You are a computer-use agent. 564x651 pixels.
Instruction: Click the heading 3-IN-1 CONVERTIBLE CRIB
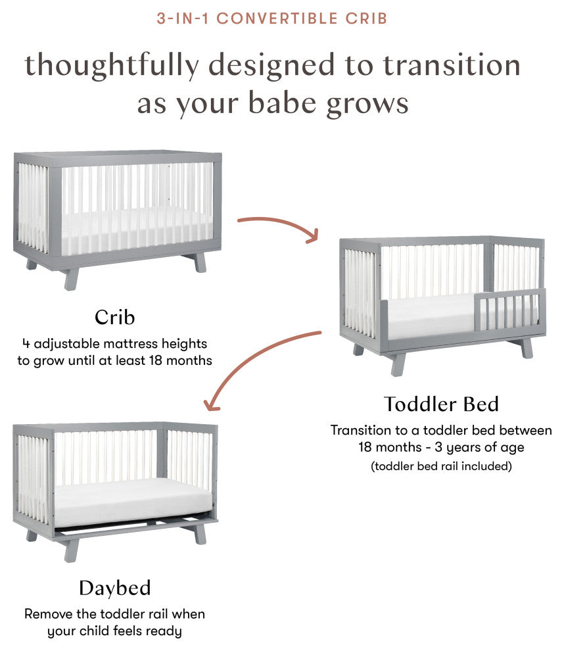[x=272, y=18]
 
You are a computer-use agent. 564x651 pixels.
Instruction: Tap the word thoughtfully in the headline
[x=112, y=66]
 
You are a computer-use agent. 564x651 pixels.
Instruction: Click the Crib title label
[x=114, y=318]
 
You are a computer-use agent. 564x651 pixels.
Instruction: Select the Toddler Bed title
[x=441, y=404]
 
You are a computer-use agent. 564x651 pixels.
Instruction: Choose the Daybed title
[x=115, y=589]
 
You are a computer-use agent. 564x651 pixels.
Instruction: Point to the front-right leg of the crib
[x=72, y=279]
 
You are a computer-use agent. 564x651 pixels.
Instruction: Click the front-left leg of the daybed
[x=71, y=551]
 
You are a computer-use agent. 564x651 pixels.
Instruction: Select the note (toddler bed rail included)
[x=441, y=466]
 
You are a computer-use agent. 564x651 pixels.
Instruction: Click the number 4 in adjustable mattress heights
[x=26, y=343]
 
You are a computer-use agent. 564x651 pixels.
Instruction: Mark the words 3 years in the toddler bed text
[x=458, y=447]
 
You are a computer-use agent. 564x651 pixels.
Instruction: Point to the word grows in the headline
[x=367, y=104]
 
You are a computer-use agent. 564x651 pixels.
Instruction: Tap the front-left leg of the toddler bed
[x=397, y=365]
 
